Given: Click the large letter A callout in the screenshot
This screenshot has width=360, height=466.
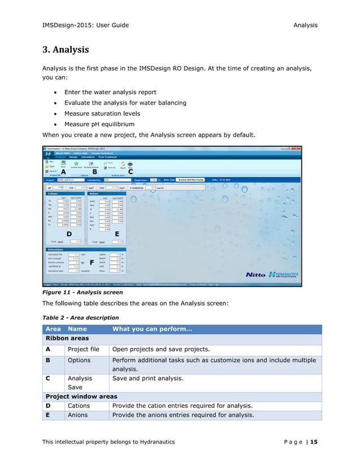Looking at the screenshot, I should coord(55,173).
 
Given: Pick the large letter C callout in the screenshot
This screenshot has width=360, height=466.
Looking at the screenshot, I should coord(130,173).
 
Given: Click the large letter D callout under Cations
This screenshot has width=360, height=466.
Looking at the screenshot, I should coord(68,232).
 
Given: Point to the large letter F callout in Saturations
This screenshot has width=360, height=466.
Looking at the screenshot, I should coord(91,261).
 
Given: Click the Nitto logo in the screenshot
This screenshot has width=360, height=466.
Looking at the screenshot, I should coord(256,275).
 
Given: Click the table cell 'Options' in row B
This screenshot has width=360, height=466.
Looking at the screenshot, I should coord(79,360).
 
